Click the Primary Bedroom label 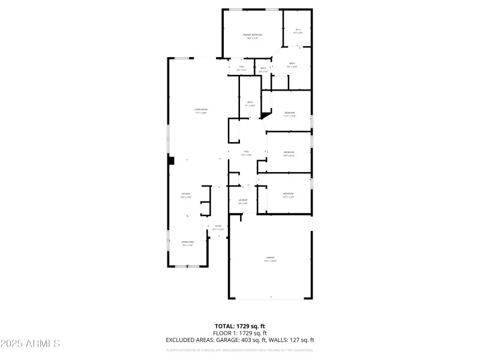click(x=252, y=35)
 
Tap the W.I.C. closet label click(x=298, y=29)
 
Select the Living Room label click(x=200, y=109)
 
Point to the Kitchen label click(x=186, y=194)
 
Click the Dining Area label click(x=188, y=242)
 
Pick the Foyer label click(x=218, y=226)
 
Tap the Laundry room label click(x=243, y=200)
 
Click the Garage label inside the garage click(x=270, y=257)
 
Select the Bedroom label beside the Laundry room click(x=289, y=193)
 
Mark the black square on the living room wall click(x=171, y=160)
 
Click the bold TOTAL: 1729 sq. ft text click(x=239, y=326)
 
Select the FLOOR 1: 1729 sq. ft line click(x=239, y=333)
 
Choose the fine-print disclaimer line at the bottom click(x=239, y=349)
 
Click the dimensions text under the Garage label click(x=270, y=261)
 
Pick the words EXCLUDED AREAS click(x=186, y=340)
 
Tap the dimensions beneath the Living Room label click(x=200, y=113)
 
